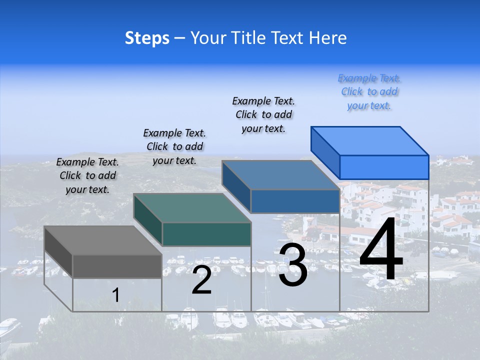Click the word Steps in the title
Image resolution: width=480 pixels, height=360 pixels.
click(147, 38)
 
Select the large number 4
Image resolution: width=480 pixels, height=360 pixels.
click(381, 250)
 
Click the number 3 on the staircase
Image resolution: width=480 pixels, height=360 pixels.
click(293, 265)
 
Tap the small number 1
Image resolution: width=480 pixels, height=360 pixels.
click(115, 295)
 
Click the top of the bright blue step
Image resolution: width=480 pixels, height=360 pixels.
click(370, 140)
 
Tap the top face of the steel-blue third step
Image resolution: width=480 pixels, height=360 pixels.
click(280, 175)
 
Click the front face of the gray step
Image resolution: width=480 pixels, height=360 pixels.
click(117, 266)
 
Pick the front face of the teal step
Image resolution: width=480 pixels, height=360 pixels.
click(206, 234)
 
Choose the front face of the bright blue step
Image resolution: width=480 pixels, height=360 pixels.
click(384, 167)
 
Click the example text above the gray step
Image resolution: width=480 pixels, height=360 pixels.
click(87, 175)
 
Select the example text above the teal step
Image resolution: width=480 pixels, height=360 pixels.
click(174, 146)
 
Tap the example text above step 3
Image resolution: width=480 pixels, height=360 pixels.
click(263, 114)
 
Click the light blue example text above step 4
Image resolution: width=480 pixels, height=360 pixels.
click(369, 91)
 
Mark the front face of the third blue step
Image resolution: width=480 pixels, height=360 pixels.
click(295, 201)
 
